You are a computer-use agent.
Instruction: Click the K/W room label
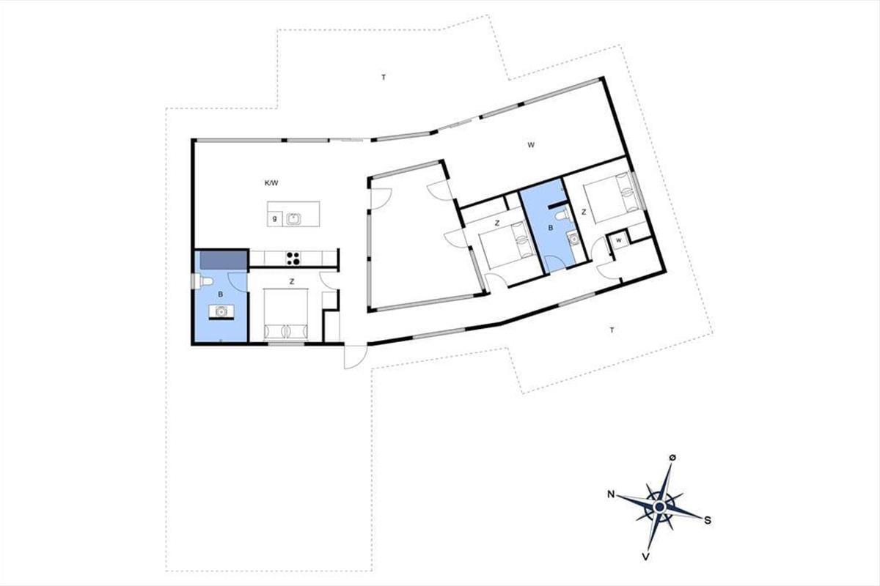271,183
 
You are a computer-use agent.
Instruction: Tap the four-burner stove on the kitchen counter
293,259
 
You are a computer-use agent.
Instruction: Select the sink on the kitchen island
293,218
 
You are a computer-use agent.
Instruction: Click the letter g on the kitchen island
274,218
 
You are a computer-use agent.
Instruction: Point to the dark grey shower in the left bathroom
224,260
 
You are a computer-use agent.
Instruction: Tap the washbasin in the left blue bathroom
221,311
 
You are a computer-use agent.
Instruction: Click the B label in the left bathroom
221,294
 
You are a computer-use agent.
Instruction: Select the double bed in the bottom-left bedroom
285,314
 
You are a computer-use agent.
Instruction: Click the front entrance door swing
356,357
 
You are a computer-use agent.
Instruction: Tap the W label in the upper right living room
531,145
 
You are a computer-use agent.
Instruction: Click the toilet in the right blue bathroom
562,215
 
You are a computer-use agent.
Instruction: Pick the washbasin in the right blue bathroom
573,238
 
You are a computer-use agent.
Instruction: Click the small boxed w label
619,240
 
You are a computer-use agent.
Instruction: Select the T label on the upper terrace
384,78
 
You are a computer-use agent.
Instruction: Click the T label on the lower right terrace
612,330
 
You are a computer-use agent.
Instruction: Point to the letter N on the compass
611,494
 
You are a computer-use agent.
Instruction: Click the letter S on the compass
707,521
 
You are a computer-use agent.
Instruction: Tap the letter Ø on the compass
672,458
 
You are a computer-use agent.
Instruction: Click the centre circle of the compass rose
660,508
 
